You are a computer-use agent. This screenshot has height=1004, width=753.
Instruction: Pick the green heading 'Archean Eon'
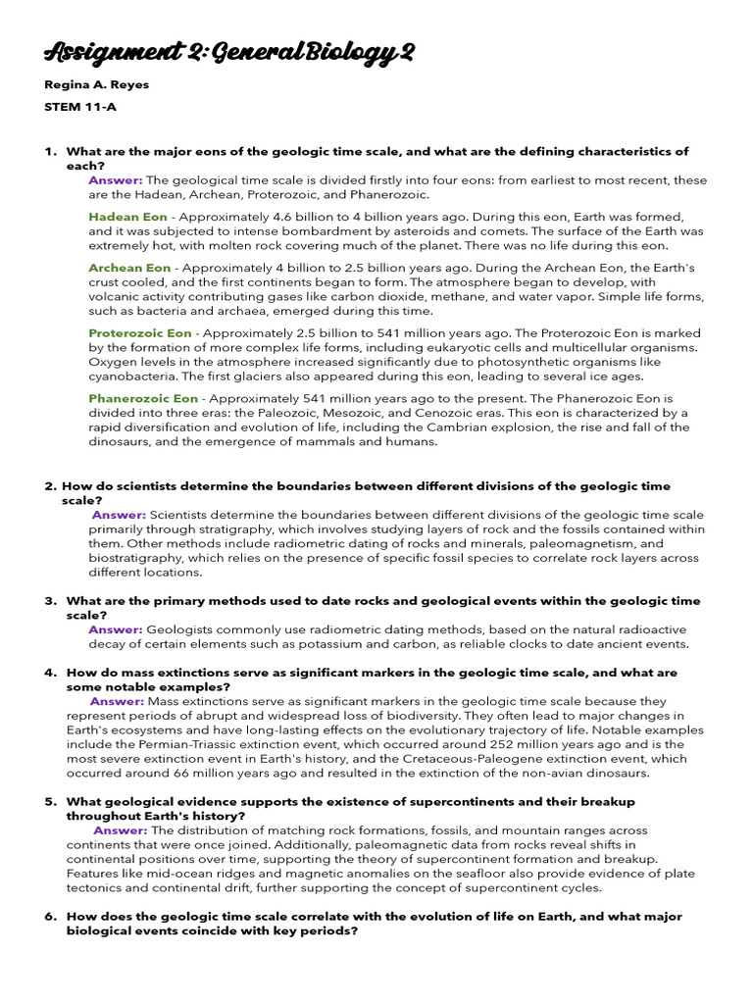click(x=129, y=268)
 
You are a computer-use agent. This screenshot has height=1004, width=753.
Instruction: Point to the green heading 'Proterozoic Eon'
click(x=140, y=333)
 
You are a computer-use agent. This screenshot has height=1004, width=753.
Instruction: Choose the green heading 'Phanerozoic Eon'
click(x=143, y=399)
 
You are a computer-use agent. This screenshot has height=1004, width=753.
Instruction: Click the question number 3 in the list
click(x=50, y=600)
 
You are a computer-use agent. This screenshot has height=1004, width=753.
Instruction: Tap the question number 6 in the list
click(x=50, y=916)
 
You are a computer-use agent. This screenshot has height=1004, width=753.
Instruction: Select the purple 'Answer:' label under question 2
click(x=119, y=515)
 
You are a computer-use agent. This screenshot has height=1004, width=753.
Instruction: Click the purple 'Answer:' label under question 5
click(x=121, y=830)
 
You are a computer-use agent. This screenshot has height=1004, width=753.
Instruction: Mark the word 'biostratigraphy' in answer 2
click(x=138, y=558)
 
